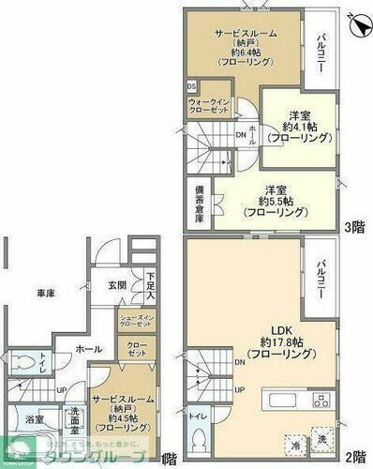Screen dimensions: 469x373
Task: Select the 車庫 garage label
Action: tap(44, 295)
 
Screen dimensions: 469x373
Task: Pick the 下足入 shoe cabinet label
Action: tap(150, 285)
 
